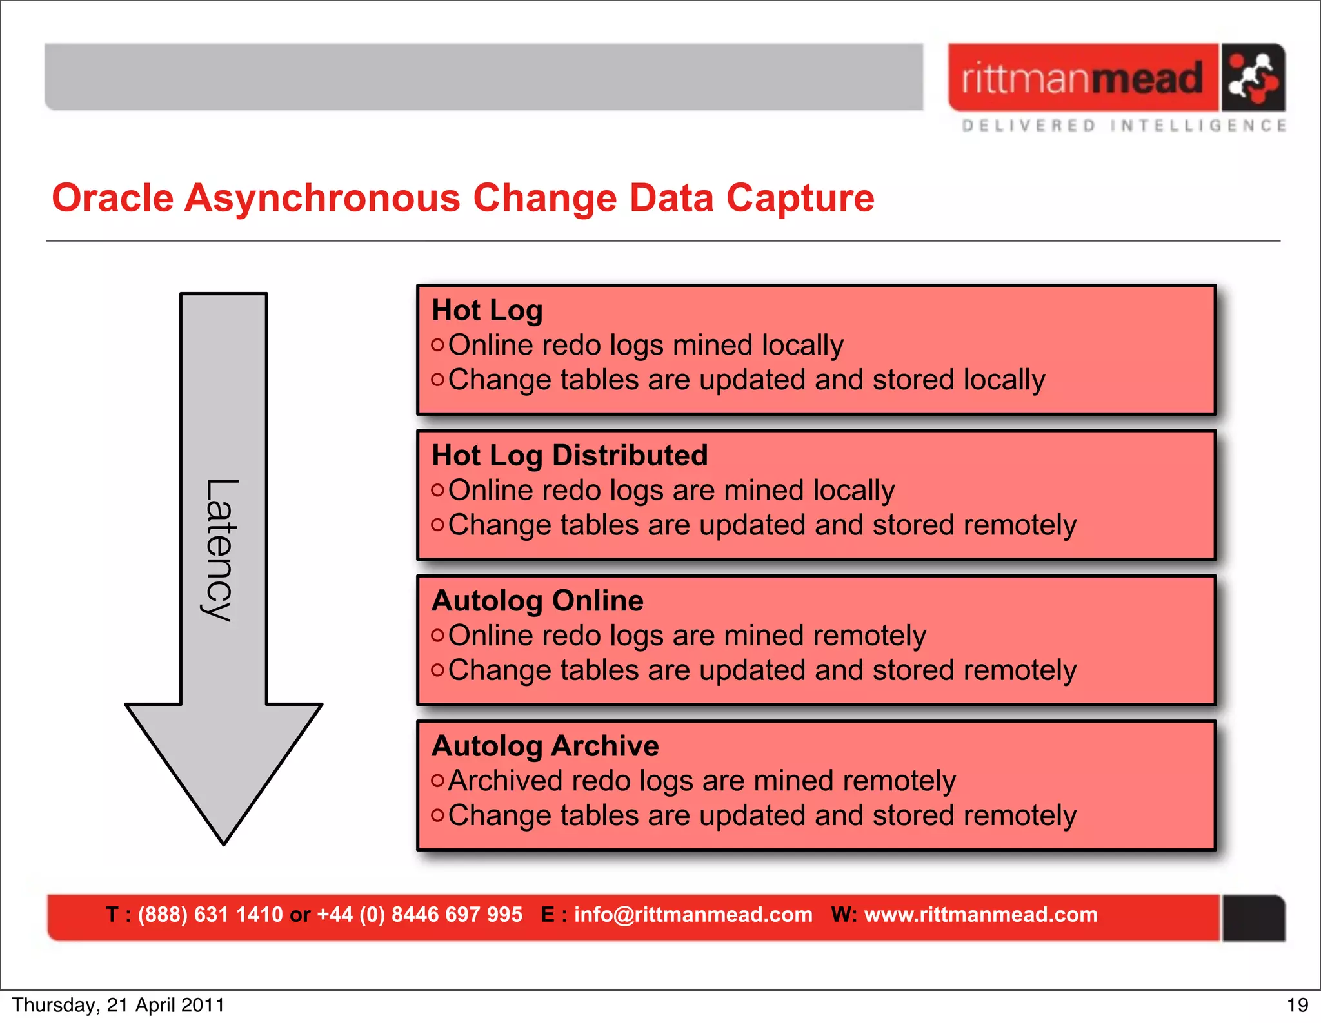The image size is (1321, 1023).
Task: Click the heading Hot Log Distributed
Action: click(570, 456)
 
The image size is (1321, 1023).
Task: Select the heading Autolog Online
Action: click(537, 601)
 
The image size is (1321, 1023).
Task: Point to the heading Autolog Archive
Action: click(545, 746)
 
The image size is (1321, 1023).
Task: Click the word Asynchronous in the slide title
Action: click(322, 198)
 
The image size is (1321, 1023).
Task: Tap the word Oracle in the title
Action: click(113, 198)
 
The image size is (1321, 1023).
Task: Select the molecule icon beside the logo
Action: click(1253, 77)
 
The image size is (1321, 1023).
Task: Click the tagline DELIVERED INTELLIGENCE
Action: click(1124, 126)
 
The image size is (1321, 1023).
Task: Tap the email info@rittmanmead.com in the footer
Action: click(693, 915)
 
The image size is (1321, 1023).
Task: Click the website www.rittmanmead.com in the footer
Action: click(980, 915)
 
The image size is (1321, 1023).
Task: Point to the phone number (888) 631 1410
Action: click(210, 915)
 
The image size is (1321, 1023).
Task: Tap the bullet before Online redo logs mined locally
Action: click(437, 345)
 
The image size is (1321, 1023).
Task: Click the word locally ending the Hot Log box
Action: click(1004, 380)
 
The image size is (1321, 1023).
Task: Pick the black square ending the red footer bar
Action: click(1253, 918)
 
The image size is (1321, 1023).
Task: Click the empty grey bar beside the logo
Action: click(484, 77)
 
